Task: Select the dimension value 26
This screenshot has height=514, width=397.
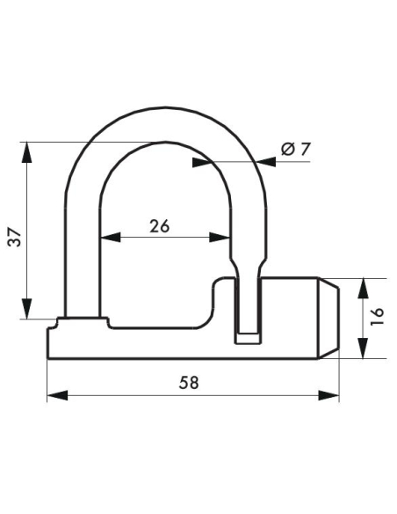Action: tap(159, 225)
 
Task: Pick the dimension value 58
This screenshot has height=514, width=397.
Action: tap(188, 383)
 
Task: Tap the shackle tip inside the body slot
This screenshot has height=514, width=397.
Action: tap(249, 335)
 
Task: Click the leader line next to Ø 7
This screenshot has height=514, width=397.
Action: tap(233, 162)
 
